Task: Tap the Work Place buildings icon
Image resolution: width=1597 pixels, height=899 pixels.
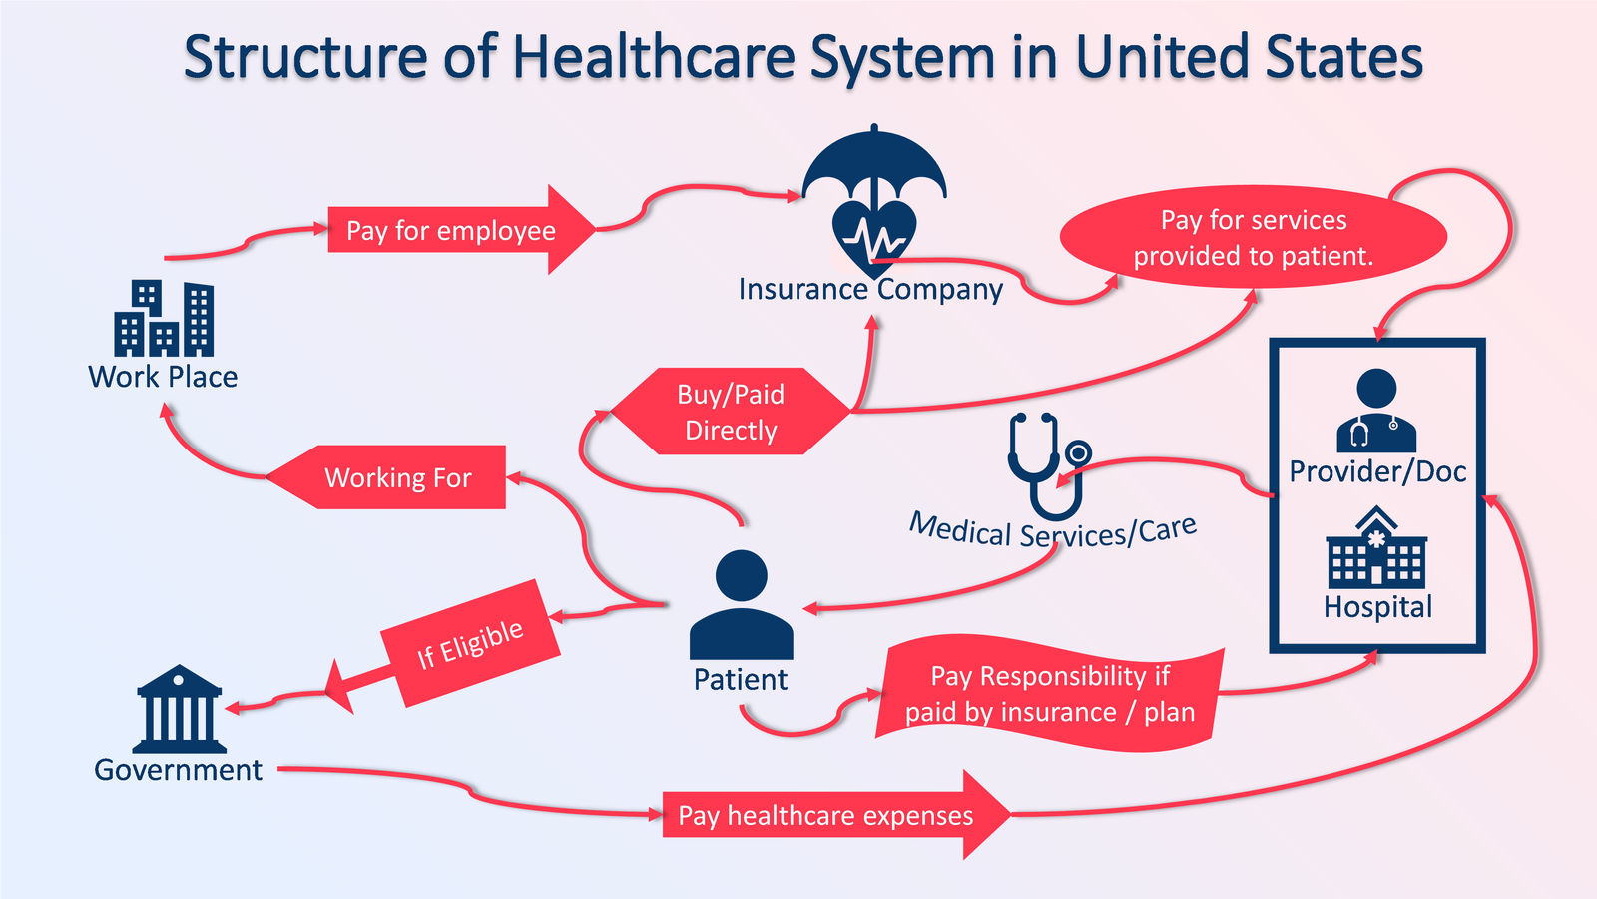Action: click(x=164, y=319)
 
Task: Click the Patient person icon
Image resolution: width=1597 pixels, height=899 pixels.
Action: click(x=742, y=605)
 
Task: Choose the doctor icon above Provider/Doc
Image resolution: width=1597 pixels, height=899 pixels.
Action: click(x=1376, y=411)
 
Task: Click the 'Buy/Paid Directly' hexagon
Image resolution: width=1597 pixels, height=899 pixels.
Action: click(x=731, y=412)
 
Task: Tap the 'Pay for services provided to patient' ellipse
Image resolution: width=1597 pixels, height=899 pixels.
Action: click(x=1253, y=237)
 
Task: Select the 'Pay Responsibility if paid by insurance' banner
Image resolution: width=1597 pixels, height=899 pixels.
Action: click(x=1049, y=693)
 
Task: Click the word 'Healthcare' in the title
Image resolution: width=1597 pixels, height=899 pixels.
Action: click(x=653, y=57)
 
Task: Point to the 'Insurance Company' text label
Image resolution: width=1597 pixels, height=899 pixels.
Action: click(x=870, y=289)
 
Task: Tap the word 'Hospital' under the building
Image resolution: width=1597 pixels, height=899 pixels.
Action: click(x=1377, y=606)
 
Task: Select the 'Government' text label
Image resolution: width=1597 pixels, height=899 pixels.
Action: click(x=178, y=769)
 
